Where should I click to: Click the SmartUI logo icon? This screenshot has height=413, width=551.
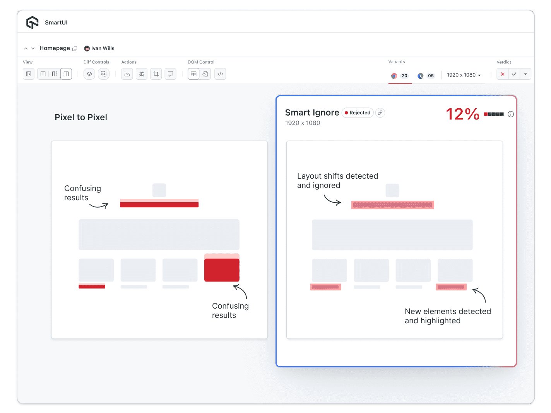pyautogui.click(x=33, y=22)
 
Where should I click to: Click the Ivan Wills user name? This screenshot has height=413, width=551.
pyautogui.click(x=103, y=48)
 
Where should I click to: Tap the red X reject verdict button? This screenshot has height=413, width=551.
pyautogui.click(x=502, y=74)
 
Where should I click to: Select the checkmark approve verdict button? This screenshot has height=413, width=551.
pyautogui.click(x=514, y=74)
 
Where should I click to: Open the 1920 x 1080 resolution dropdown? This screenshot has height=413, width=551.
pyautogui.click(x=464, y=75)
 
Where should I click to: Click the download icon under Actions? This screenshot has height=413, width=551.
pyautogui.click(x=127, y=74)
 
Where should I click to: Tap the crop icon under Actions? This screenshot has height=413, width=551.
pyautogui.click(x=156, y=74)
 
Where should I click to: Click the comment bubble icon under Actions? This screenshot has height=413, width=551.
pyautogui.click(x=170, y=74)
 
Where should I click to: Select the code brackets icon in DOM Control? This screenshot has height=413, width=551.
pyautogui.click(x=220, y=74)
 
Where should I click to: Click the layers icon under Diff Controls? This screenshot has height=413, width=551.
pyautogui.click(x=89, y=74)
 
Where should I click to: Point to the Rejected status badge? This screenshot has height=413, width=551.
pyautogui.click(x=358, y=113)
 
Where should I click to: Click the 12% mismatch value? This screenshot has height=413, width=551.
pyautogui.click(x=462, y=114)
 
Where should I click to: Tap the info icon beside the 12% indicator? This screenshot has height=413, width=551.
pyautogui.click(x=511, y=114)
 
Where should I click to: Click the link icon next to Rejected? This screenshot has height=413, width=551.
pyautogui.click(x=380, y=113)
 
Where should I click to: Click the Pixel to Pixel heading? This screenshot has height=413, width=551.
pyautogui.click(x=81, y=117)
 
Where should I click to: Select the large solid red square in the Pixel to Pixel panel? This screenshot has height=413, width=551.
pyautogui.click(x=222, y=270)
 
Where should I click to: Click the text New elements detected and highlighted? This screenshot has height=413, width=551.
pyautogui.click(x=447, y=316)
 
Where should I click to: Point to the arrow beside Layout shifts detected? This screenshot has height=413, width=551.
pyautogui.click(x=332, y=200)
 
